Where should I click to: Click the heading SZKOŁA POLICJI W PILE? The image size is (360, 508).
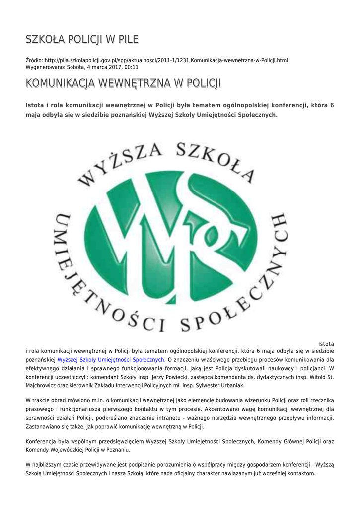click(82, 39)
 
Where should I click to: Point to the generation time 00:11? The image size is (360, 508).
click(132, 67)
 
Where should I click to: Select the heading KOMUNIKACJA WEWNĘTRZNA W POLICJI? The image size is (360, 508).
click(123, 83)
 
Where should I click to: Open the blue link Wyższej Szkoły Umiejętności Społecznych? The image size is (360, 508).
click(111, 359)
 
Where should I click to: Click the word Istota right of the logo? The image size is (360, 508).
click(326, 343)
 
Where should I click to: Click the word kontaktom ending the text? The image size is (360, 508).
click(298, 473)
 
